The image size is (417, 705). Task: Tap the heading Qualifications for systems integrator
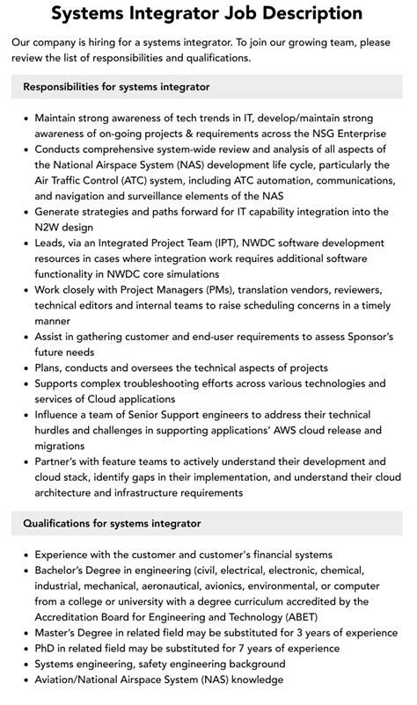[112, 523]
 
